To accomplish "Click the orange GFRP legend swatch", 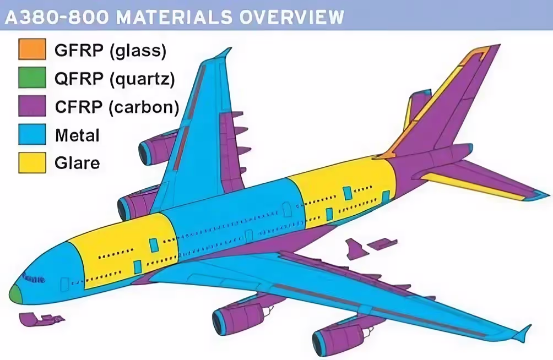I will [32, 50].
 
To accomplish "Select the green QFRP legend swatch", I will [32, 78].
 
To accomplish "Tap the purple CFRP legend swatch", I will [32, 106].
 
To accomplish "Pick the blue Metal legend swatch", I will [32, 134].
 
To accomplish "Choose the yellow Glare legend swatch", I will [32, 162].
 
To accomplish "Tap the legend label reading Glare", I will [78, 162].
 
